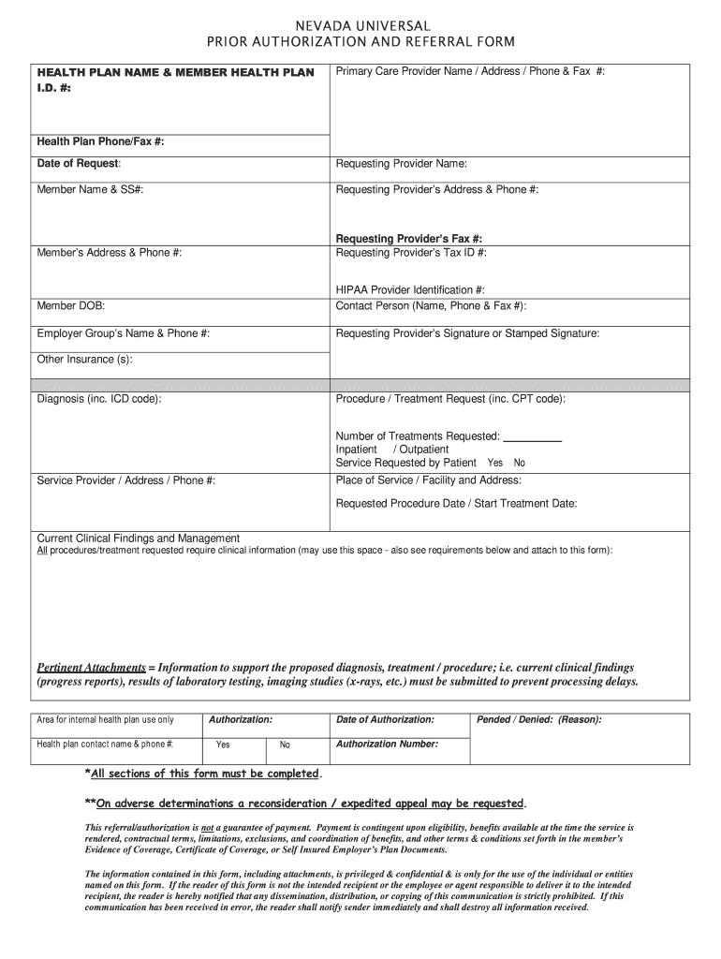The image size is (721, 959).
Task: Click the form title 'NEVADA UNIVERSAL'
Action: [x=360, y=25]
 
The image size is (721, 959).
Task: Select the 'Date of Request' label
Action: [x=78, y=164]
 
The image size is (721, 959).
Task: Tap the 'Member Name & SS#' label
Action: [x=90, y=189]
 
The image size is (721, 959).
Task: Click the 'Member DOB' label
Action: [x=71, y=306]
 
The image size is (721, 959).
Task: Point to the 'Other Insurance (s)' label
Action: [x=84, y=359]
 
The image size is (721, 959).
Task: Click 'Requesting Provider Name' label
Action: [x=401, y=164]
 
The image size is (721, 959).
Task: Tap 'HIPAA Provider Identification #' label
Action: [x=410, y=291]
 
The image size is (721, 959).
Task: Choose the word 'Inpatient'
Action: [x=357, y=450]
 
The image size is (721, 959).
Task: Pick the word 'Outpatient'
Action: [x=423, y=450]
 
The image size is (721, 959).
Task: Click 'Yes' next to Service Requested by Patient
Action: [x=495, y=463]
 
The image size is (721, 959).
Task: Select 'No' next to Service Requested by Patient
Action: [x=520, y=463]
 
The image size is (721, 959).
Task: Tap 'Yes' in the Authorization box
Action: [x=223, y=745]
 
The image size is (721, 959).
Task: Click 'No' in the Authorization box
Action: [x=285, y=745]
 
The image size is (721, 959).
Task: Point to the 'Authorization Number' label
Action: [x=387, y=744]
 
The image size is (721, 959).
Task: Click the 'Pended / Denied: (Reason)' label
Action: [x=539, y=720]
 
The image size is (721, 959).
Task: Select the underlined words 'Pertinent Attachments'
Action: [x=91, y=668]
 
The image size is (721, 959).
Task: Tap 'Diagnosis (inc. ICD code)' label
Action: [x=98, y=399]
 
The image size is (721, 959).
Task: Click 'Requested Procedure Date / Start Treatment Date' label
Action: [x=456, y=503]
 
